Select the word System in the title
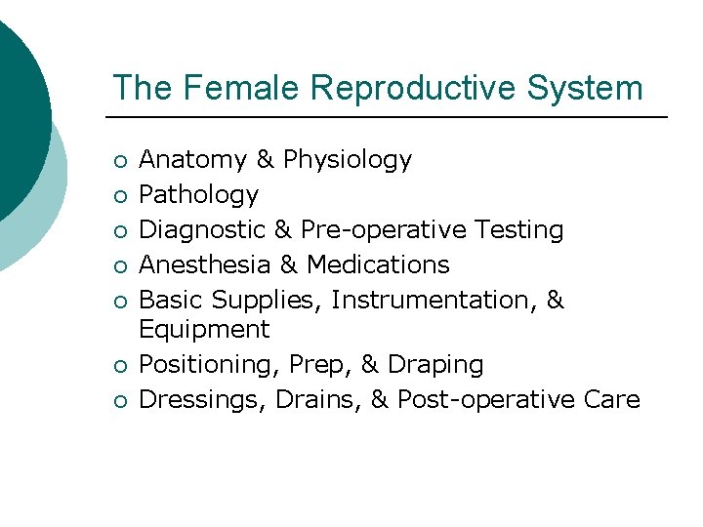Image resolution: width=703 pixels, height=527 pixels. pos(586,88)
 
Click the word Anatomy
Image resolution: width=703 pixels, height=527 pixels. pos(193,160)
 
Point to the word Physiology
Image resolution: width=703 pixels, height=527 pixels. pos(348,160)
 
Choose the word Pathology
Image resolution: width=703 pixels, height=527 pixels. pos(199,195)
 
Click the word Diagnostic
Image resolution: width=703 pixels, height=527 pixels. pos(201,230)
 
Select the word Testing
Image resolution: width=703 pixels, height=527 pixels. pos(519,230)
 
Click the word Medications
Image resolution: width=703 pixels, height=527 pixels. pos(378,265)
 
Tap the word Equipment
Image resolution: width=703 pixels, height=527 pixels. pos(204,330)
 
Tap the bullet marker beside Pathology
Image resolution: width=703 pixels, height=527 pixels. pos(118,196)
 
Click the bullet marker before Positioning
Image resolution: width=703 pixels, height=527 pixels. pos(118,366)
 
